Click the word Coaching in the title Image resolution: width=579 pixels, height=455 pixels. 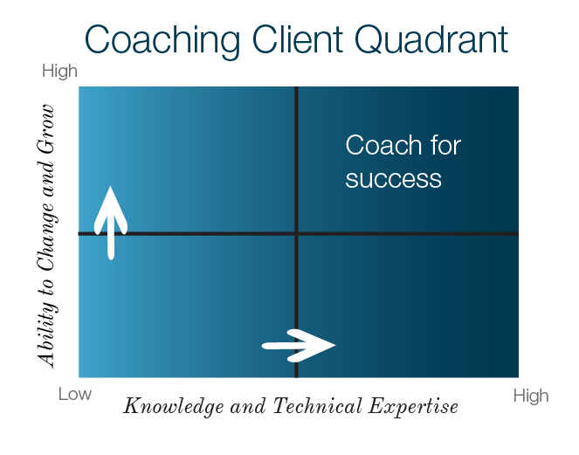pos(162,41)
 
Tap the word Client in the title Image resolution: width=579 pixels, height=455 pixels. pos(298,39)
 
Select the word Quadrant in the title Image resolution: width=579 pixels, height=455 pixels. pos(431,40)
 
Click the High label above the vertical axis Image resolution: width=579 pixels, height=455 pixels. pos(59,71)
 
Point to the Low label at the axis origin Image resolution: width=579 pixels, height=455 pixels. pos(74,394)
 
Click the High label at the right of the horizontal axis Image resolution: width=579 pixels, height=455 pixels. pos(531,396)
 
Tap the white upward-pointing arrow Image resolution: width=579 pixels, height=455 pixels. pos(111,223)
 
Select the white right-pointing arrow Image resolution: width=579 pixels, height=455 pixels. pos(299,346)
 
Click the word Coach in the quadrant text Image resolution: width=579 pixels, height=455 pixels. pos(383,145)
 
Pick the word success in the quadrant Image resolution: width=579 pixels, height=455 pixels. pos(393,179)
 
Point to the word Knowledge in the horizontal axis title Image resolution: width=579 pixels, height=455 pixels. pos(174,406)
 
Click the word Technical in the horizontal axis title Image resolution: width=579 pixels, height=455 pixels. pos(317,405)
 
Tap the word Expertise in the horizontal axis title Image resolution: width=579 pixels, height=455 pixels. pos(413,407)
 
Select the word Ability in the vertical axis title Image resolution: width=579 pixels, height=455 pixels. pos(46,334)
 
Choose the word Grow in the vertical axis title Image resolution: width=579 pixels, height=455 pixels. pos(46,129)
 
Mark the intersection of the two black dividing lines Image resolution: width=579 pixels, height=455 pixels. pos(296,233)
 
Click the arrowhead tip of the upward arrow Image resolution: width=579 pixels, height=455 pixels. pos(110,187)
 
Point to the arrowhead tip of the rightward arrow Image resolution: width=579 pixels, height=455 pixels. pos(335,345)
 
